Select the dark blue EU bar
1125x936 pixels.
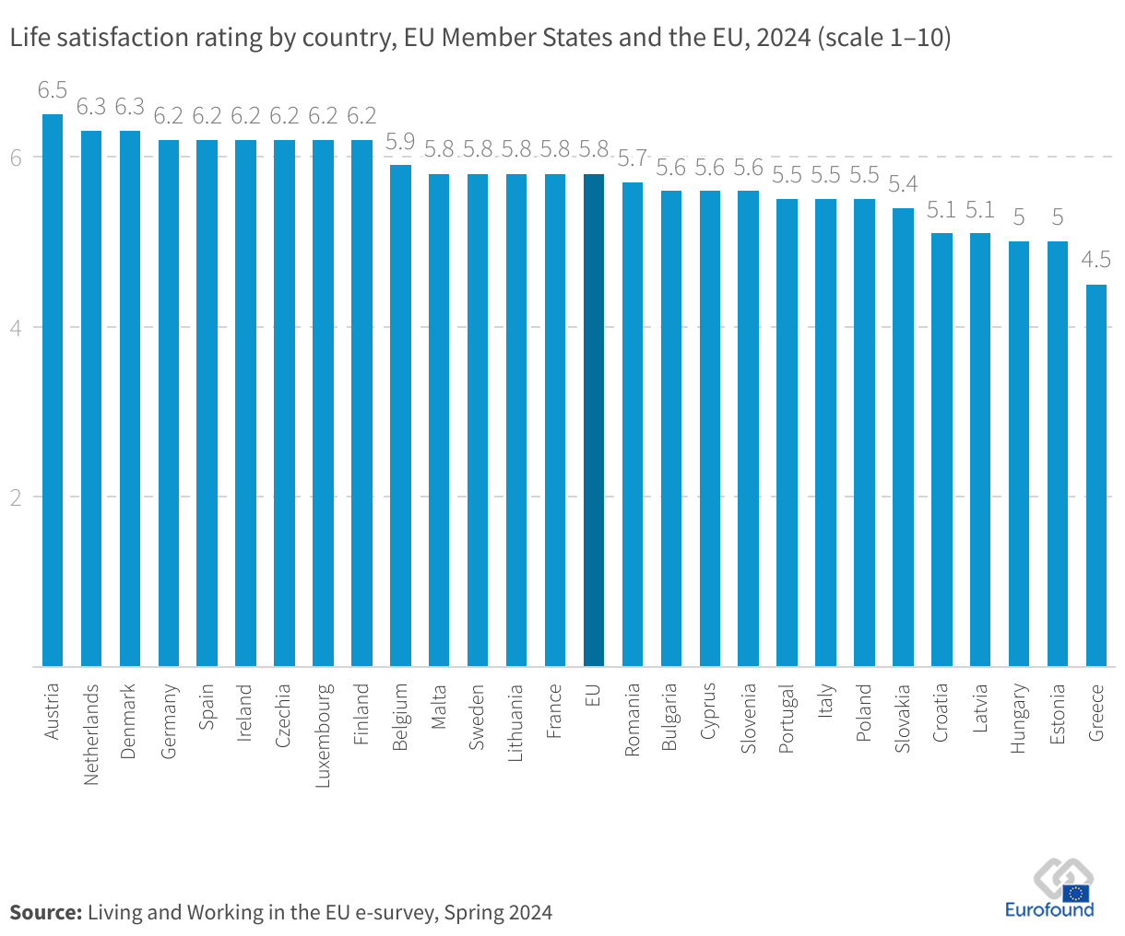(x=594, y=420)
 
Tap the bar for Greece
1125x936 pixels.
(x=1095, y=475)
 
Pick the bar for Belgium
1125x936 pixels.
(x=400, y=415)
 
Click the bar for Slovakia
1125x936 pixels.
(x=903, y=437)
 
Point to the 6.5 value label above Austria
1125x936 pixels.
(x=53, y=90)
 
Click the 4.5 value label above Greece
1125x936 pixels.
(x=1095, y=260)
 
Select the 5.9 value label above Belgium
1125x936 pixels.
(x=400, y=141)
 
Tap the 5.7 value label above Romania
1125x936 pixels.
(x=633, y=158)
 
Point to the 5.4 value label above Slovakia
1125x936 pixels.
(x=903, y=184)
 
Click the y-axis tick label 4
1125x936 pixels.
(x=16, y=327)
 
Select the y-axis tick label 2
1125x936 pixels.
(x=16, y=497)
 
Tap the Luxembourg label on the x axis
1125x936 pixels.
(x=324, y=735)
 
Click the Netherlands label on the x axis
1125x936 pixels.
(x=91, y=734)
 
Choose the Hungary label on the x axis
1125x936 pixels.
(x=1018, y=719)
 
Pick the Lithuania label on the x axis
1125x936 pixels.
(x=516, y=722)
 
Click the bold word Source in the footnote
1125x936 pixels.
(x=45, y=912)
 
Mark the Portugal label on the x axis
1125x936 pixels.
(x=787, y=719)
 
